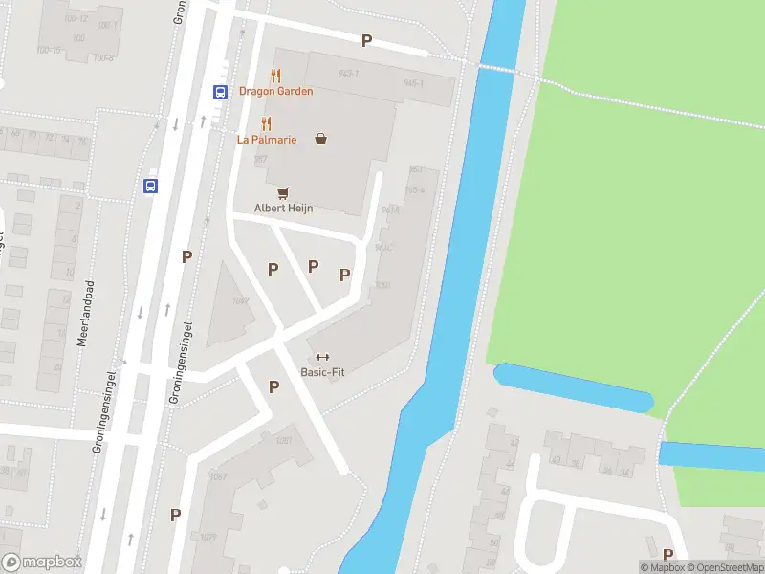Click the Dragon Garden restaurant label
point(276,92)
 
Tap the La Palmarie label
point(267,140)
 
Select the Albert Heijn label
point(283,209)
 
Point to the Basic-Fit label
point(322,372)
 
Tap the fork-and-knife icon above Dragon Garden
point(276,76)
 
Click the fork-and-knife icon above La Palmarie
point(266,123)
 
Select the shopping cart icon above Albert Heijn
point(283,193)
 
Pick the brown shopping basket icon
point(320,139)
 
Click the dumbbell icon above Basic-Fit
point(322,357)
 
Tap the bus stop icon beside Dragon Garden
point(219,93)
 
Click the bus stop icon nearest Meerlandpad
point(151,187)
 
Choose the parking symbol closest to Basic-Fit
point(274,386)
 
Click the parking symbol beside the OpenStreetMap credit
point(667,554)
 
